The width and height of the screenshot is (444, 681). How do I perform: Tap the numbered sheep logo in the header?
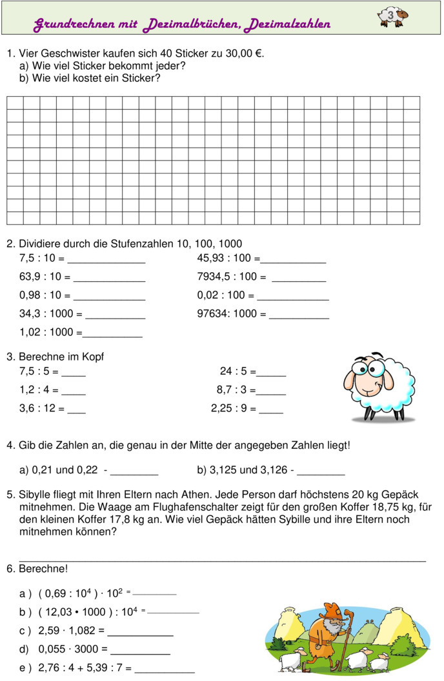(393, 17)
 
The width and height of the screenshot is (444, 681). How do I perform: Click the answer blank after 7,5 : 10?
(106, 262)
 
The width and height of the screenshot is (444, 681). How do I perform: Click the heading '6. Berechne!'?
(37, 569)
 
